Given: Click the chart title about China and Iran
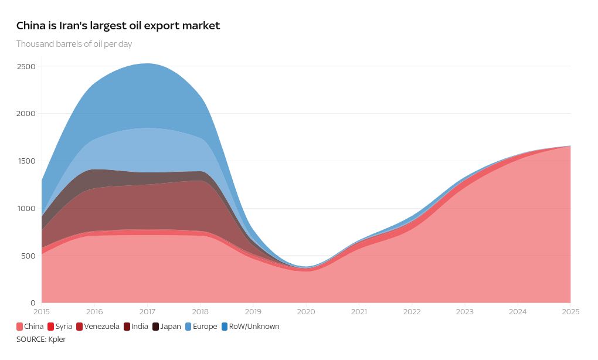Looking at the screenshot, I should (118, 26).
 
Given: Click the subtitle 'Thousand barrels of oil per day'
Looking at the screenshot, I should (74, 44).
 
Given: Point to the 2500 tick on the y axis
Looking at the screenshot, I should (26, 66).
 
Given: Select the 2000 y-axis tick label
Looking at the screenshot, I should (26, 114).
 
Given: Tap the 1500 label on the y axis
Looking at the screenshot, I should (26, 161).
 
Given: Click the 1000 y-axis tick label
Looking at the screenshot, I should (26, 208).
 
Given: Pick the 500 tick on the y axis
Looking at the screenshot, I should (28, 256).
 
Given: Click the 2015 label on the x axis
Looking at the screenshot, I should (42, 312).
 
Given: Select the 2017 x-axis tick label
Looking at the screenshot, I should (147, 312).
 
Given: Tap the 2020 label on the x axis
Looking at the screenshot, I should (306, 312).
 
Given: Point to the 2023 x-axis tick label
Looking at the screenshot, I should (465, 312).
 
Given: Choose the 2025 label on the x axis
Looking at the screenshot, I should (570, 312).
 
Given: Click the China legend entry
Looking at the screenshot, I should (30, 327).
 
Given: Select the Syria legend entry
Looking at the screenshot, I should (59, 327).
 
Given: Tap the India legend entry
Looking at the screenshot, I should (135, 327).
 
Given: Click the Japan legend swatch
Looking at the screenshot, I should (156, 327).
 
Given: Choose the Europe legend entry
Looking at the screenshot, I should (201, 327).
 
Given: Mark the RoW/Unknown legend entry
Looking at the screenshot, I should (250, 327).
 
